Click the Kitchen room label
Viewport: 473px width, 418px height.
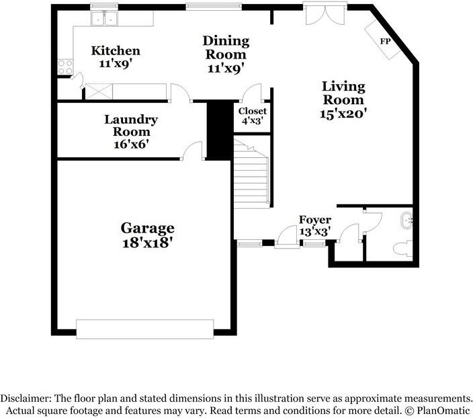pyautogui.click(x=116, y=50)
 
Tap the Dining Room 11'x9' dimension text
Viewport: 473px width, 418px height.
pyautogui.click(x=226, y=69)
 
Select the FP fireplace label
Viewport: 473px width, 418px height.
pyautogui.click(x=385, y=41)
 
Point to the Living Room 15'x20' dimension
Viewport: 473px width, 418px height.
pyautogui.click(x=343, y=114)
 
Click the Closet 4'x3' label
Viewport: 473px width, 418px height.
pyautogui.click(x=253, y=116)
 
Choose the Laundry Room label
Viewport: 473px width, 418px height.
pyautogui.click(x=131, y=126)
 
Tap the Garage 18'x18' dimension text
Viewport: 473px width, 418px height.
pyautogui.click(x=147, y=243)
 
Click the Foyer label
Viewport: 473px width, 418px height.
pyautogui.click(x=315, y=220)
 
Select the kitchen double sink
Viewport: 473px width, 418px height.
pyautogui.click(x=104, y=18)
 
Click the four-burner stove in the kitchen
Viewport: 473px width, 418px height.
pyautogui.click(x=65, y=67)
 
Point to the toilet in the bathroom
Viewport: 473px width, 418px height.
pyautogui.click(x=402, y=249)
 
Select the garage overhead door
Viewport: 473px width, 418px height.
pyautogui.click(x=145, y=329)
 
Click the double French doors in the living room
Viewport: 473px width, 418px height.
pyautogui.click(x=325, y=14)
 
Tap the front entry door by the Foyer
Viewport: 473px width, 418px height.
pyautogui.click(x=287, y=237)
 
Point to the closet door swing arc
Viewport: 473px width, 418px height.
pyautogui.click(x=253, y=92)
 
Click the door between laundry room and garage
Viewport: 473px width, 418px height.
pyautogui.click(x=193, y=150)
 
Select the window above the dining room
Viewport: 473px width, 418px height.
pyautogui.click(x=214, y=6)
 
